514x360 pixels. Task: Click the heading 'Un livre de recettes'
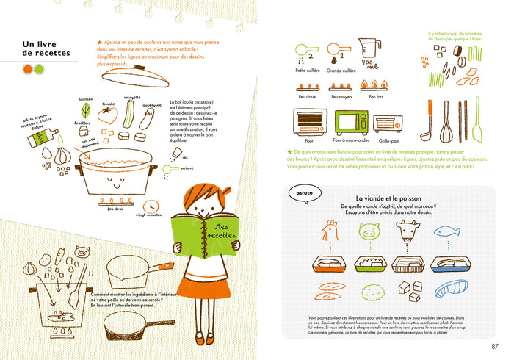46,48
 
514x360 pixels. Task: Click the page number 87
495,347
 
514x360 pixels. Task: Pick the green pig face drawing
368,231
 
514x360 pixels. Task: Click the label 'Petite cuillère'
307,71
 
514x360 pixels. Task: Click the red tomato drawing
107,114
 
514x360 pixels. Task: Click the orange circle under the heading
27,69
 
